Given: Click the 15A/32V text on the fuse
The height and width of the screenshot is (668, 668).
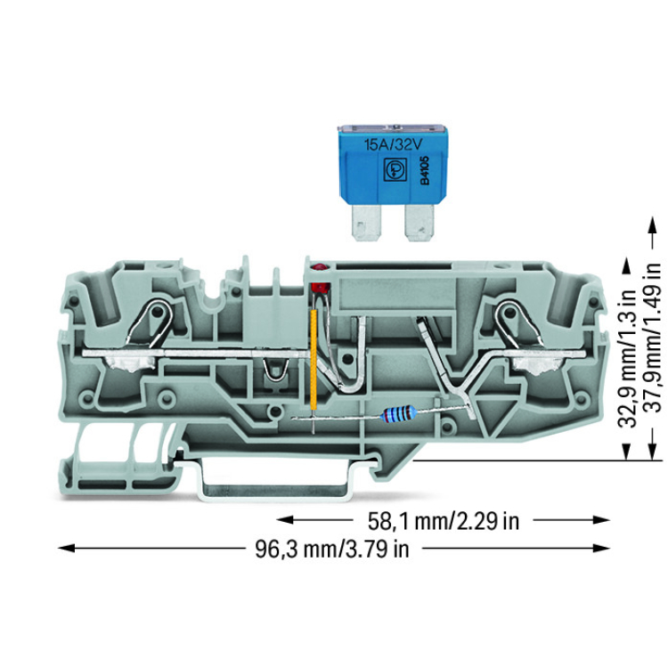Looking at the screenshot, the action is [x=393, y=145].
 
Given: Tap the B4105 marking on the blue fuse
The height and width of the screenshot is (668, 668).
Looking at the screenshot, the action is [x=425, y=170].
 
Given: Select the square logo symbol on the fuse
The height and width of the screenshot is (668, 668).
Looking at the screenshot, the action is [x=394, y=169].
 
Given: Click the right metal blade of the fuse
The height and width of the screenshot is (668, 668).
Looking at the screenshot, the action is [x=420, y=223].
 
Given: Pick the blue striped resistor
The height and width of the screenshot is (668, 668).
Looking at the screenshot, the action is [x=399, y=412].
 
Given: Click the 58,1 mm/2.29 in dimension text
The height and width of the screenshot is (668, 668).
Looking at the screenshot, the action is [x=443, y=521].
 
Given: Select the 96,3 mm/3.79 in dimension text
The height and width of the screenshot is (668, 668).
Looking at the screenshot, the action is [x=331, y=549].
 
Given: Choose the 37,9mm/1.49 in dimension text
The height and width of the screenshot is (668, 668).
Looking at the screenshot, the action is [x=652, y=338].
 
